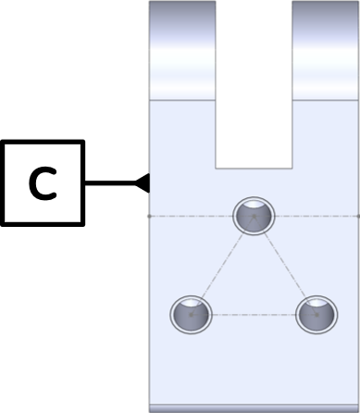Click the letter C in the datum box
pyautogui.click(x=42, y=183)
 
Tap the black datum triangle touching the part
pyautogui.click(x=143, y=182)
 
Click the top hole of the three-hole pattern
pyautogui.click(x=254, y=216)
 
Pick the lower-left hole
pyautogui.click(x=191, y=314)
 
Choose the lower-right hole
pyautogui.click(x=316, y=314)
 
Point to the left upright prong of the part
pyautogui.click(x=182, y=51)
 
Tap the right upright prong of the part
pyautogui.click(x=325, y=51)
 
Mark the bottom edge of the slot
pyautogui.click(x=254, y=168)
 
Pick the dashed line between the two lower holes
pyautogui.click(x=254, y=314)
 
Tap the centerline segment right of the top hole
pyautogui.click(x=315, y=216)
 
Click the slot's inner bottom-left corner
pyautogui.click(x=217, y=167)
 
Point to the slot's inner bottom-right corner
pyautogui.click(x=292, y=167)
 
